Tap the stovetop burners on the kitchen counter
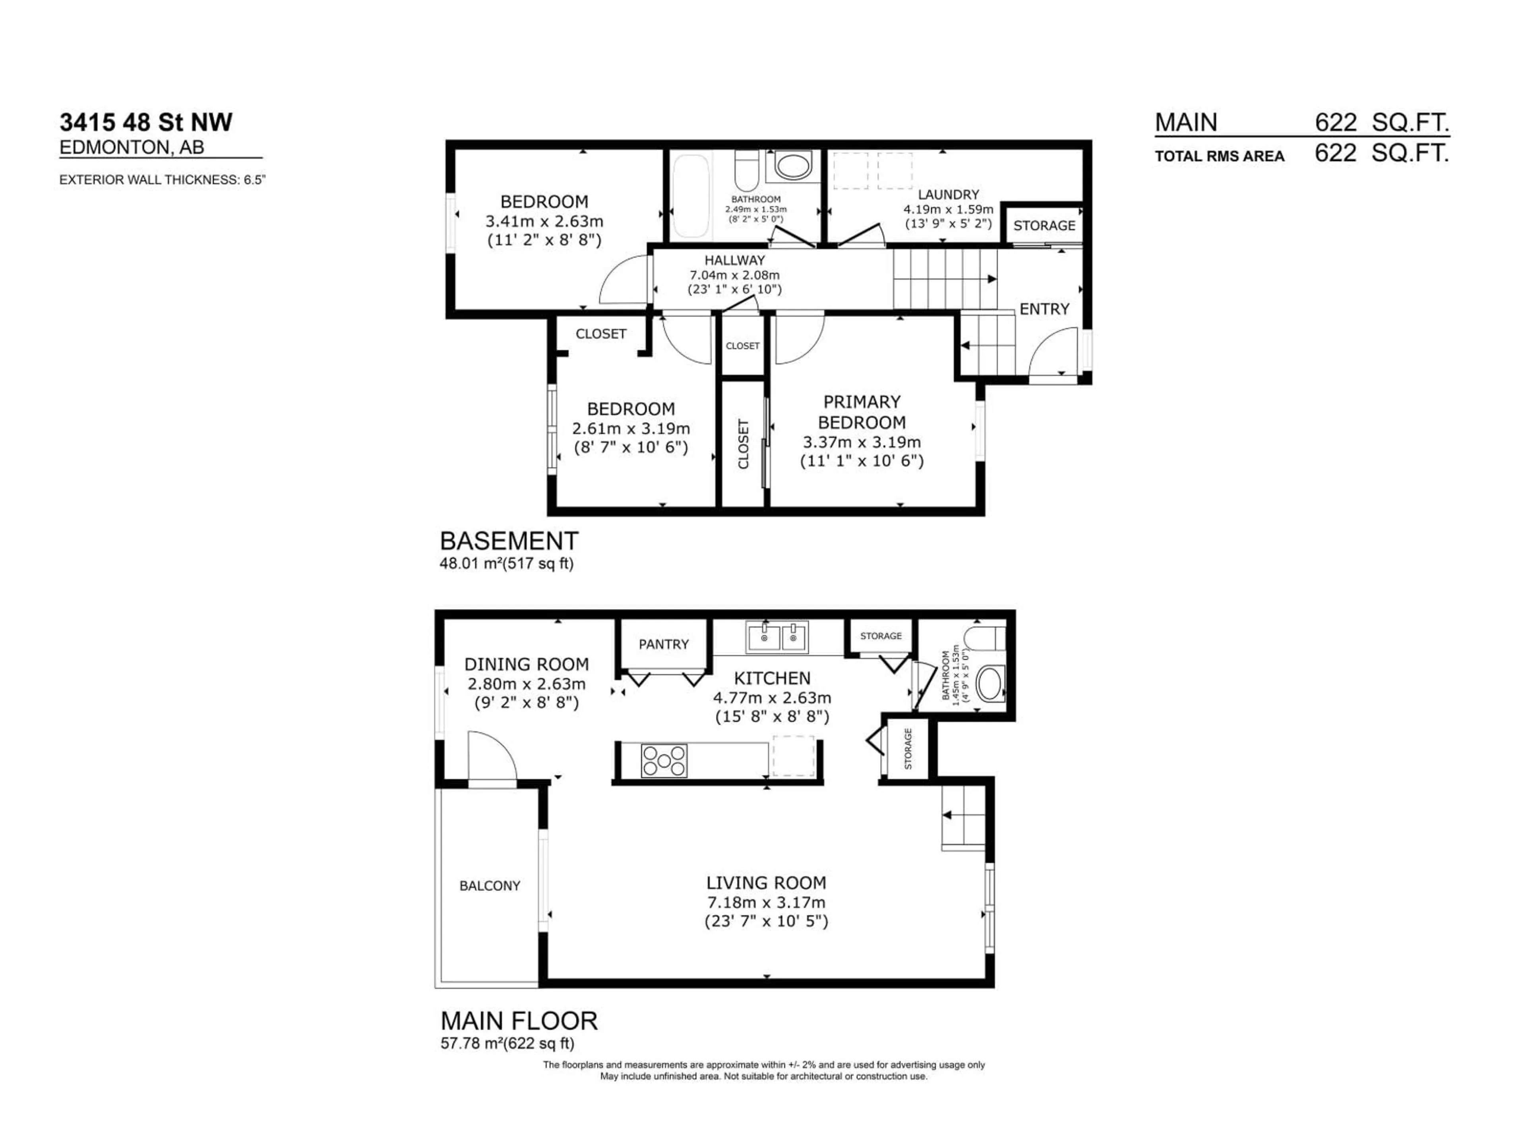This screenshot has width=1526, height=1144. point(664,761)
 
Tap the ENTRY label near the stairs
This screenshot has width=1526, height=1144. point(1044,309)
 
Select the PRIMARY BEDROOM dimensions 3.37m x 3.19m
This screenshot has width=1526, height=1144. point(861,442)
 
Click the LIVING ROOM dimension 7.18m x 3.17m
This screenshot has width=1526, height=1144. point(766,902)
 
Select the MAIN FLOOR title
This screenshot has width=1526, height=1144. point(519,1020)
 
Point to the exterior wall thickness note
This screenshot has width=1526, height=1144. point(162,180)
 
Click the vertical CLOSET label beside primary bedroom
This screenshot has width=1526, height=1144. point(743,444)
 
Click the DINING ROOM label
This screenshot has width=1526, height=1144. point(527,664)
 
